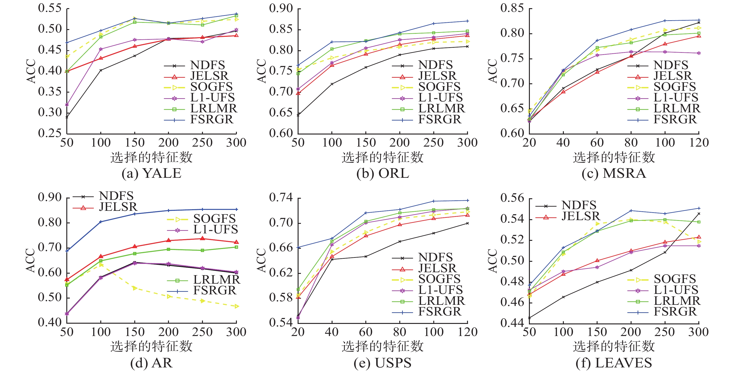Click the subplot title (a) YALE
click(x=151, y=173)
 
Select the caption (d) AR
click(x=151, y=363)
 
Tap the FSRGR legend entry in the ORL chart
click(x=439, y=120)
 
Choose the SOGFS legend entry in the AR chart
click(x=214, y=219)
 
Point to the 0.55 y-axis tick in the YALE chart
click(x=50, y=9)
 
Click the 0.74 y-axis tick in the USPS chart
click(x=281, y=198)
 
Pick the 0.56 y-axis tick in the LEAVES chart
click(x=512, y=198)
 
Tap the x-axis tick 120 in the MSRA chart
click(x=699, y=143)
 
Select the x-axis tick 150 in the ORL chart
click(x=366, y=143)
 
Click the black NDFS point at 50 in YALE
click(x=67, y=117)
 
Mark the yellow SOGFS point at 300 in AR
click(x=236, y=306)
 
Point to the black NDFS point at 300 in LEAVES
click(x=699, y=213)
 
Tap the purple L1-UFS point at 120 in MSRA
click(x=699, y=53)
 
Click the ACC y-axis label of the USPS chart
click(x=262, y=261)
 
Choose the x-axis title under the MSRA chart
click(x=614, y=157)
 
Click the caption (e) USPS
click(x=382, y=363)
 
